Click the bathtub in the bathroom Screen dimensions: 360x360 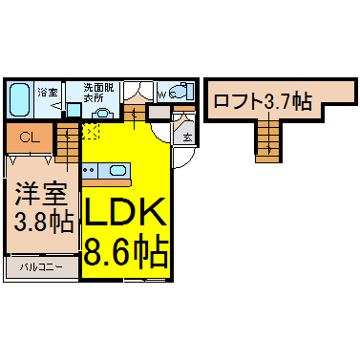click(x=18, y=97)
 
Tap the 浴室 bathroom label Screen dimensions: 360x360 click(x=48, y=93)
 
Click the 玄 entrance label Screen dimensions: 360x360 click(x=187, y=138)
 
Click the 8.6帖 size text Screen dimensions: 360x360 click(x=126, y=251)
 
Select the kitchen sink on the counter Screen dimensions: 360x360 click(x=117, y=172)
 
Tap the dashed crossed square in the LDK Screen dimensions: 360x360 click(x=92, y=130)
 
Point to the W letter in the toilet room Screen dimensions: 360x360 click(x=162, y=94)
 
